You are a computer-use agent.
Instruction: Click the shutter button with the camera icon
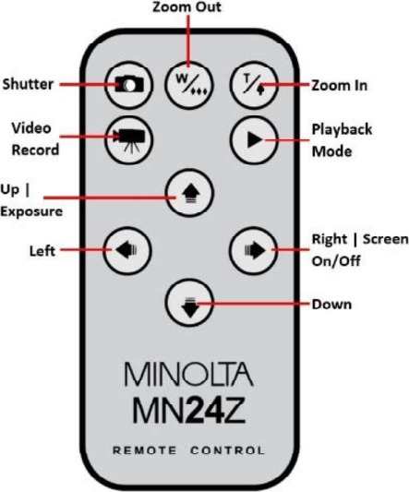[x=128, y=85]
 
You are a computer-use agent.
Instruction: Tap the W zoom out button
[x=189, y=85]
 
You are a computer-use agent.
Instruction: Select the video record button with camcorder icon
[x=128, y=139]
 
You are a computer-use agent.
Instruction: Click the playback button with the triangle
[x=254, y=139]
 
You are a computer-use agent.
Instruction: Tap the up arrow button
[x=190, y=193]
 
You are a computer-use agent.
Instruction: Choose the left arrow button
[x=127, y=251]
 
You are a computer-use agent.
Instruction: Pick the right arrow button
[x=254, y=251]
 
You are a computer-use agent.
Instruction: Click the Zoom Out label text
[x=186, y=6]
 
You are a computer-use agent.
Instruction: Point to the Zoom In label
[x=340, y=85]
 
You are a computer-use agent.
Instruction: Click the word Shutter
[x=29, y=84]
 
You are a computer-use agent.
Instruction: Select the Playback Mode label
[x=342, y=140]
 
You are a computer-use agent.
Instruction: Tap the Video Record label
[x=35, y=138]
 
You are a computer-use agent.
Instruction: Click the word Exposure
[x=31, y=211]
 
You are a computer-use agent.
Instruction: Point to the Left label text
[x=42, y=251]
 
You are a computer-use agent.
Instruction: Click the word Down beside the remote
[x=331, y=305]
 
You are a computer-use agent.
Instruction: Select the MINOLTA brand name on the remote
[x=189, y=375]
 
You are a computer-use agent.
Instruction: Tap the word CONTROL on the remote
[x=227, y=450]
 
